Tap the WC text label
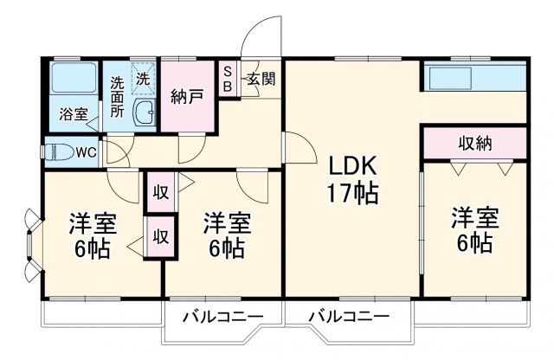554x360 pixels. click(x=86, y=152)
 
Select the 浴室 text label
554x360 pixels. click(x=72, y=113)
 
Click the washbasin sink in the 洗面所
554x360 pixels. click(x=145, y=112)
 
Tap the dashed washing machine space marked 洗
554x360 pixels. click(x=143, y=78)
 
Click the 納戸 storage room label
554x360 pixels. click(x=187, y=95)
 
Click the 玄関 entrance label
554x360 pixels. click(x=261, y=80)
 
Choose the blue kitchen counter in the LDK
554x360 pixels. click(x=473, y=78)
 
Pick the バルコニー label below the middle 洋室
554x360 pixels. click(x=222, y=318)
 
